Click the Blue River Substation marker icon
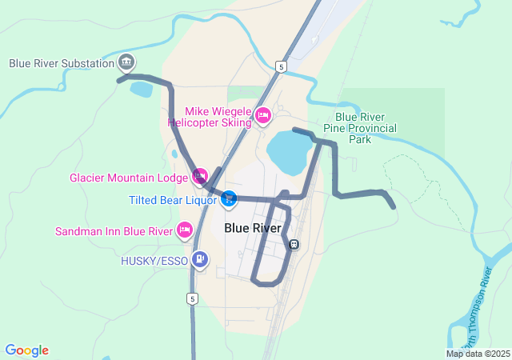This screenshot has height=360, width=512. [x=126, y=62]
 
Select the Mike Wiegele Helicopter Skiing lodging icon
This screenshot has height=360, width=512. [x=262, y=117]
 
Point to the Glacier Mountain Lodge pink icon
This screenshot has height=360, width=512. [x=200, y=175]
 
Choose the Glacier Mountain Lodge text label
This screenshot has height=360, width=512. [x=129, y=178]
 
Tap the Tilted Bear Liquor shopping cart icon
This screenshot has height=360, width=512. [x=229, y=198]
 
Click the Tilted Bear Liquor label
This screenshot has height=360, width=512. [x=172, y=199]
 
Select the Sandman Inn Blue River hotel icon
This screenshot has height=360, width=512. [x=184, y=230]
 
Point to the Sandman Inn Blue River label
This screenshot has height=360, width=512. [x=114, y=232]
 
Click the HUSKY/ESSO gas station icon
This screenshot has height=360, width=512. [x=199, y=258]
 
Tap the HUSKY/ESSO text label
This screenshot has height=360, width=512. [x=154, y=260]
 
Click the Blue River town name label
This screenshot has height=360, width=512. [x=253, y=228]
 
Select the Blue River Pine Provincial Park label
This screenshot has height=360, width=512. [x=360, y=127]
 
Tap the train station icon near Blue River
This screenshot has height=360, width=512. [x=294, y=244]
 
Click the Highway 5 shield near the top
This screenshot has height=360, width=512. [x=280, y=66]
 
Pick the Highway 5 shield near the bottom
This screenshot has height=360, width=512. [x=191, y=298]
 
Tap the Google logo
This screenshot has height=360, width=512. [x=26, y=350]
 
